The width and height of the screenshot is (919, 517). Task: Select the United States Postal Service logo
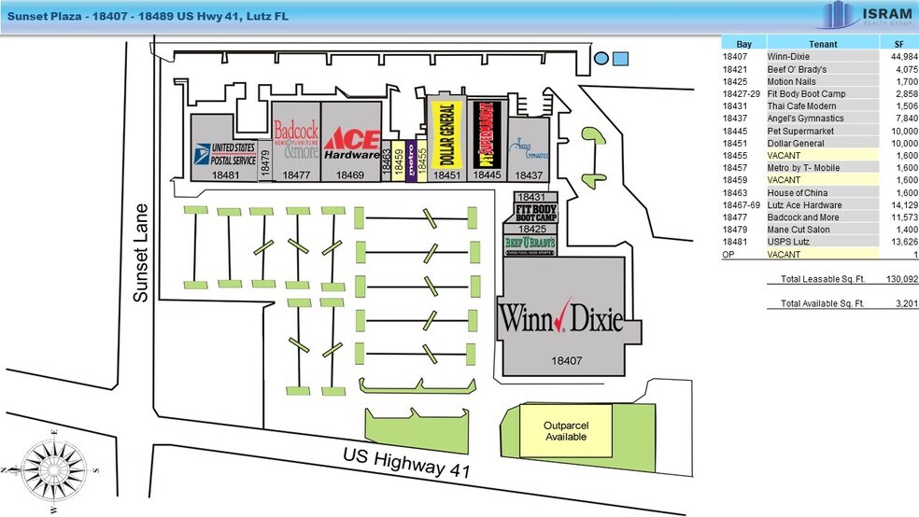[223, 153]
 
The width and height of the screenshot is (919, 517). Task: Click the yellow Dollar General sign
[445, 133]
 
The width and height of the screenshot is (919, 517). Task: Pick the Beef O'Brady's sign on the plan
[529, 245]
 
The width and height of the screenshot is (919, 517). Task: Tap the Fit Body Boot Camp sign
[529, 212]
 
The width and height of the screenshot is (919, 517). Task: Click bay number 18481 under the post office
[226, 175]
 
